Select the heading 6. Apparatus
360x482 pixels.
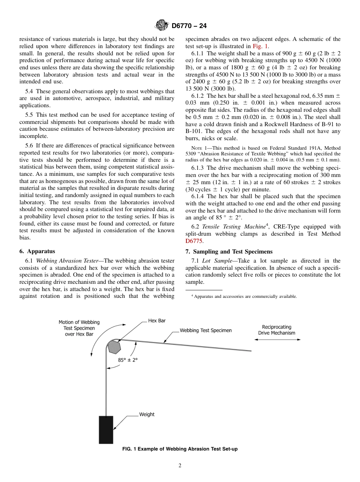coord(37,251)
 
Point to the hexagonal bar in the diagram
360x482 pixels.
coord(114,346)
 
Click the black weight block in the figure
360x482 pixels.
coord(106,430)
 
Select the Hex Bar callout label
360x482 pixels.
coord(157,321)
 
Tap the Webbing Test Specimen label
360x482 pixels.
coord(205,330)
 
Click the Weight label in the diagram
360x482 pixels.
coord(147,415)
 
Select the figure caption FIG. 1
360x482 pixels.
coord(180,449)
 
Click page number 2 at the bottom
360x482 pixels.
coord(180,466)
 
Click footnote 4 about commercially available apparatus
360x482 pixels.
coord(244,296)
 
